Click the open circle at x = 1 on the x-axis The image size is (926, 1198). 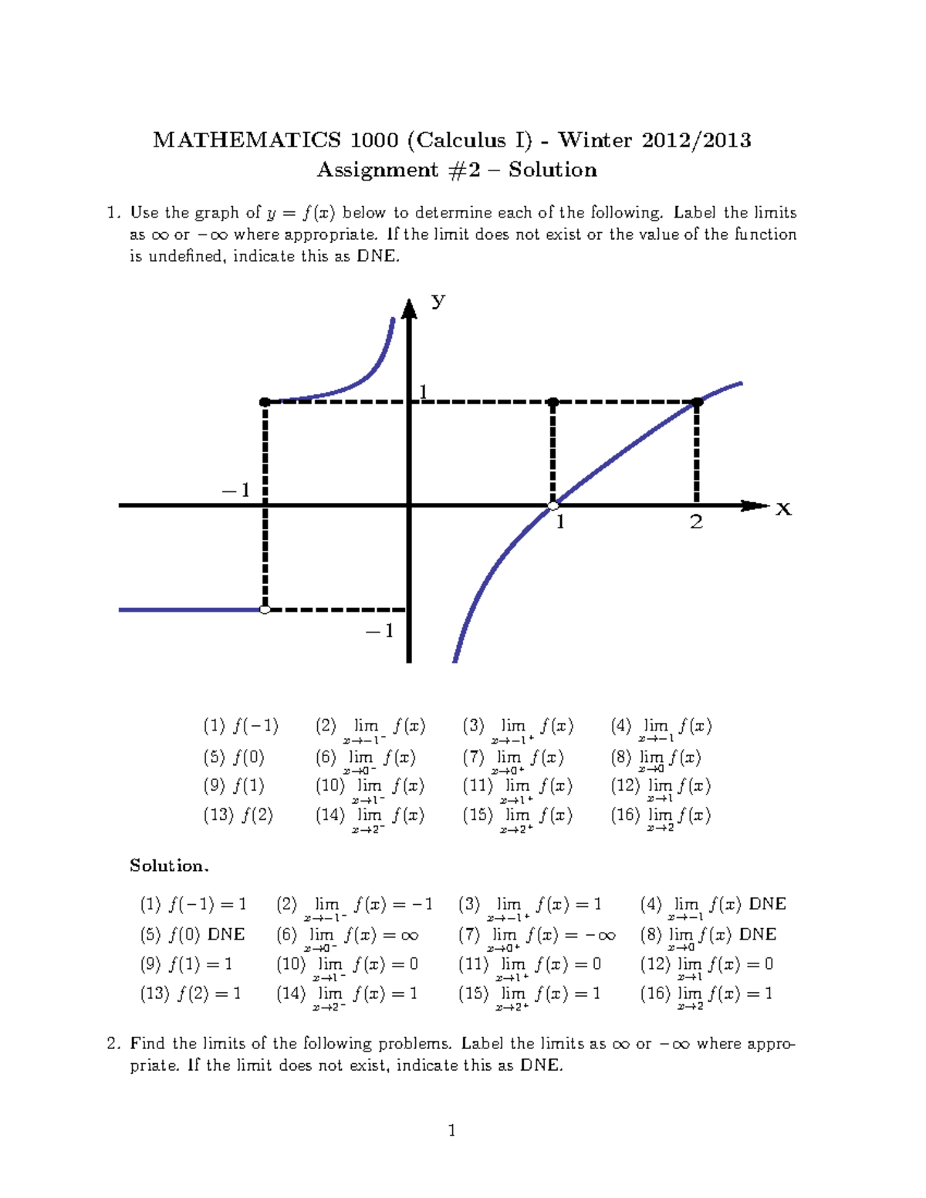(x=553, y=506)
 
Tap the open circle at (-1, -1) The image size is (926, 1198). (x=265, y=609)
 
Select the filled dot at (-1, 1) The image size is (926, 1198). (x=265, y=402)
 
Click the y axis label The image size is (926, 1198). (x=438, y=300)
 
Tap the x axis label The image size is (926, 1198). (x=783, y=509)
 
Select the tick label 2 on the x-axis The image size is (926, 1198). (x=696, y=523)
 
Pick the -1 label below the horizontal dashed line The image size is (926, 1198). (x=380, y=631)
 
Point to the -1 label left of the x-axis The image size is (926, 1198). (x=236, y=491)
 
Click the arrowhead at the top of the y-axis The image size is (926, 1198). (x=409, y=309)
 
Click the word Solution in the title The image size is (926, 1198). (x=553, y=170)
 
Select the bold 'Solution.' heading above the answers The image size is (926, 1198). (x=169, y=866)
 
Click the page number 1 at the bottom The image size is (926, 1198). (x=451, y=1131)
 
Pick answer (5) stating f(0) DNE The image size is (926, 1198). (x=192, y=935)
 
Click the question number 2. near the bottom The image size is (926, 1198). (x=114, y=1044)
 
